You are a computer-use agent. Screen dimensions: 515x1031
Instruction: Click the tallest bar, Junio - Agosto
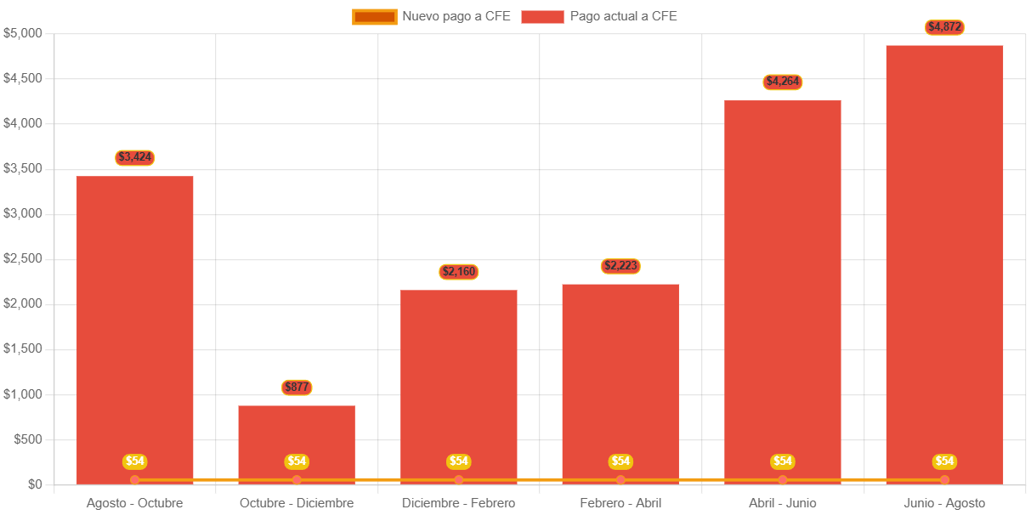[x=944, y=255]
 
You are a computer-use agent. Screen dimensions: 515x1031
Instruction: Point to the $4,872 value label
[x=944, y=27]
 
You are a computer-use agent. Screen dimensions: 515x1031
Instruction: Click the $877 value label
[x=297, y=388]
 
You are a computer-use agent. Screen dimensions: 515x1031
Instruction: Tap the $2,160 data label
[x=459, y=272]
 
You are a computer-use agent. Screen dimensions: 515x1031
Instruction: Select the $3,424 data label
[x=134, y=157]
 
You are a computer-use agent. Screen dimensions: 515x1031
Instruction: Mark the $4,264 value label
[x=783, y=82]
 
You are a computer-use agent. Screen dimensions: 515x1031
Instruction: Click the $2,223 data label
[x=620, y=266]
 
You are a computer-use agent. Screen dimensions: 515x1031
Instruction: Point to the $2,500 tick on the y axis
[x=23, y=258]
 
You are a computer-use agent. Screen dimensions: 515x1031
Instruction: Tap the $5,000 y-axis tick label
[x=23, y=33]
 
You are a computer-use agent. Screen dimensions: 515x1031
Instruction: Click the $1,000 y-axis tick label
[x=23, y=394]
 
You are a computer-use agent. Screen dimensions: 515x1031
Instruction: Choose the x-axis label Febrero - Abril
[x=620, y=503]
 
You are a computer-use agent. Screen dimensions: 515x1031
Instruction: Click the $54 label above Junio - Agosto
[x=944, y=461]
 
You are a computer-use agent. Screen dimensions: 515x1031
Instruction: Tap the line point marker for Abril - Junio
[x=783, y=480]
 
